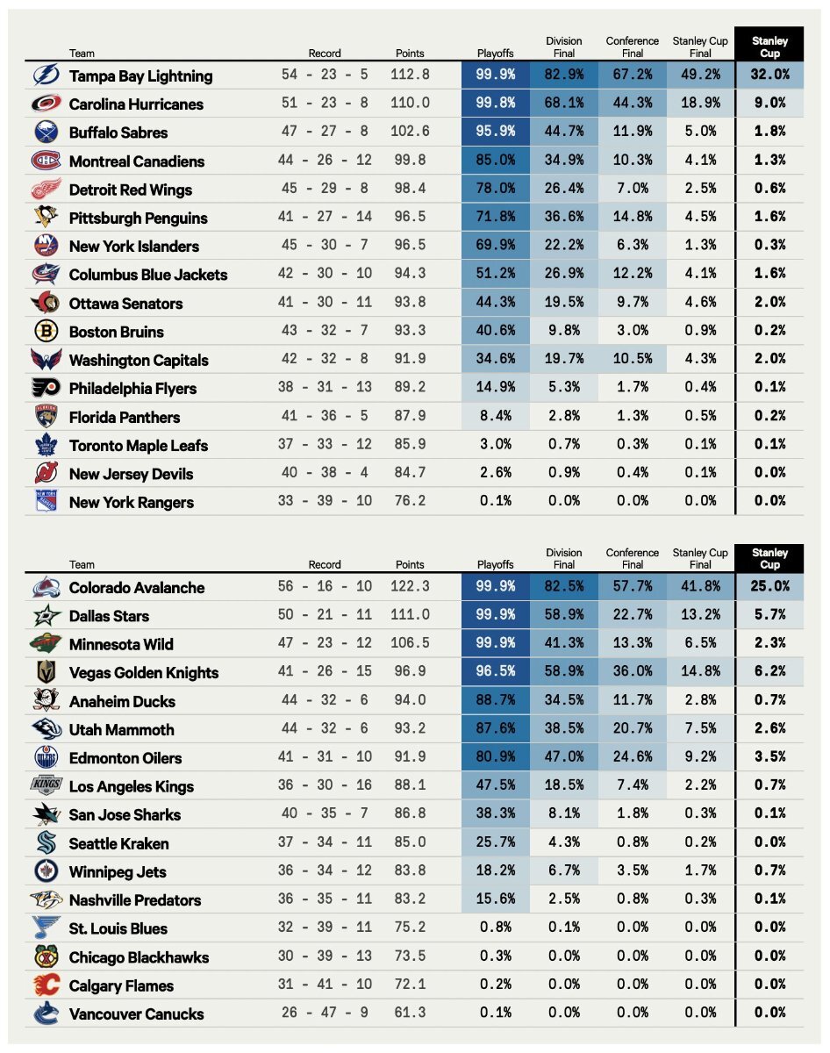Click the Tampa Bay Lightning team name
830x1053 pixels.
140,76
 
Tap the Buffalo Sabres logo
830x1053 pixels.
47,133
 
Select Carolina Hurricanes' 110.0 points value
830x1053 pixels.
410,104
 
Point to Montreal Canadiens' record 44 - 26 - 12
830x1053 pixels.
326,161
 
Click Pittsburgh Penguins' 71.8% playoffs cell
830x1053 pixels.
495,218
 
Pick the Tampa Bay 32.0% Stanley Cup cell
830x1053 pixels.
769,75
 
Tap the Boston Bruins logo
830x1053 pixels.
47,332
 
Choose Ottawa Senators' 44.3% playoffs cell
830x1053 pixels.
495,303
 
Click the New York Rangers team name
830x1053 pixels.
132,503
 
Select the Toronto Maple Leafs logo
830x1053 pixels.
47,445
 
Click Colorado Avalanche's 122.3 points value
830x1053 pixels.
410,587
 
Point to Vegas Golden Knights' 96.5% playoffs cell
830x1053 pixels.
495,672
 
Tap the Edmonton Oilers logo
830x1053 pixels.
47,757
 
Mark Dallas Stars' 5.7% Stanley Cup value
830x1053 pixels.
769,615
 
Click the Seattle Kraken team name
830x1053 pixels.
119,843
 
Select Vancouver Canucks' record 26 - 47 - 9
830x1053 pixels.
326,1013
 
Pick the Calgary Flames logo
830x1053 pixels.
47,985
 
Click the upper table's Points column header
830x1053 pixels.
410,53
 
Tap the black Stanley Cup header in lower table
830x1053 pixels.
769,558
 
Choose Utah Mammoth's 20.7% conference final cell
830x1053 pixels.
632,729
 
